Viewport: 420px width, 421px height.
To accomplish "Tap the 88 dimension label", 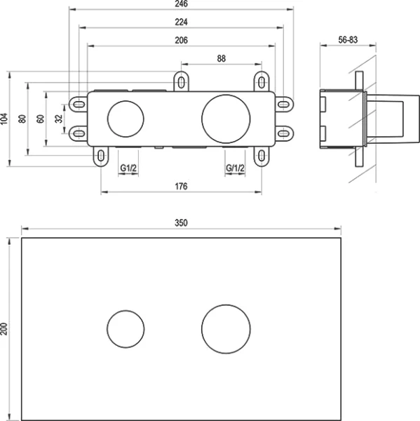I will [x=221, y=60].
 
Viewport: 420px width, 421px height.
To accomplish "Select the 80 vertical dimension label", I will [x=23, y=119].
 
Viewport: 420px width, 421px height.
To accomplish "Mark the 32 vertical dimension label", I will [x=59, y=119].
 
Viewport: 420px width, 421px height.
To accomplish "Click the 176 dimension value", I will [x=182, y=187].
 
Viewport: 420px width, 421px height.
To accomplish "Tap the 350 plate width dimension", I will [x=181, y=222].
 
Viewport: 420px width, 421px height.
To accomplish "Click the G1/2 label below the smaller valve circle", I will [x=127, y=168].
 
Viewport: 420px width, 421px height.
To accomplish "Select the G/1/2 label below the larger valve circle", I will [x=235, y=168].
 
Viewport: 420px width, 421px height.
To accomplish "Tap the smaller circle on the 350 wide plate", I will [x=126, y=328].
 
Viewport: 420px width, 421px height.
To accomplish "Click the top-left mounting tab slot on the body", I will [x=182, y=81].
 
